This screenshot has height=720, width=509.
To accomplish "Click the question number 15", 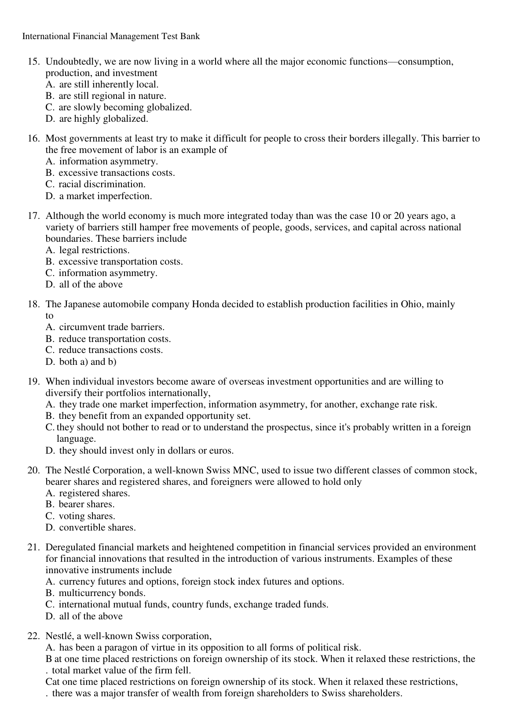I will point(33,62).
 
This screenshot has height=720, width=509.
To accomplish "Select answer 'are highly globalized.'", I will point(103,119).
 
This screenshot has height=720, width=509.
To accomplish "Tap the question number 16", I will point(33,139).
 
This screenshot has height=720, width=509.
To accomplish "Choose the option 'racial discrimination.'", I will point(102,184).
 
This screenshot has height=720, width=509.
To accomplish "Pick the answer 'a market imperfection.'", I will point(106,196).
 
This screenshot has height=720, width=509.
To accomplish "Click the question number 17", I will point(33,216).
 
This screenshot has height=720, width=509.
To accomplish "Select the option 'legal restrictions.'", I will point(94,250).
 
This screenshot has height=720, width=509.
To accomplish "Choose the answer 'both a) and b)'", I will point(88,362).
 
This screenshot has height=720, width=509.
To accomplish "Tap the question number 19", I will point(33,382).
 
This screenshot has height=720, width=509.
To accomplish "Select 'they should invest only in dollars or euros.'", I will point(146,451).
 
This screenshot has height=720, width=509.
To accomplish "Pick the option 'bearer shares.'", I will point(86,504).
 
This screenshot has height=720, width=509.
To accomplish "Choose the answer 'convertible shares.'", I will point(97,527).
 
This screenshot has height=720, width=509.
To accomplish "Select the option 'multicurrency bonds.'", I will point(102,593).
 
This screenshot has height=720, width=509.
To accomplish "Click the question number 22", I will point(33,636).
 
